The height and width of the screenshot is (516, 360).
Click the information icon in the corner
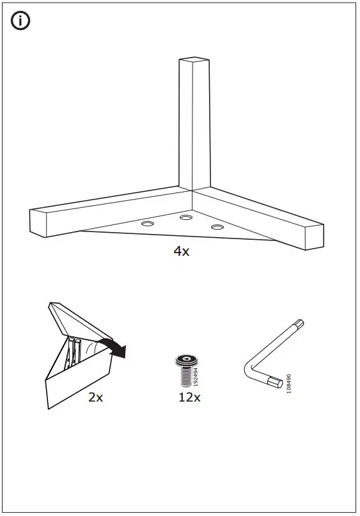tap(21, 21)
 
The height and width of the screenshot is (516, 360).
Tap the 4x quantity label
tap(182, 251)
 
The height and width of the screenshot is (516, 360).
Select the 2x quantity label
tap(95, 397)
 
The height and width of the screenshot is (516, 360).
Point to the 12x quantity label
tap(190, 397)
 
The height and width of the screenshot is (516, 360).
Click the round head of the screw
tap(186, 361)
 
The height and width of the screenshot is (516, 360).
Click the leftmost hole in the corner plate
tap(148, 224)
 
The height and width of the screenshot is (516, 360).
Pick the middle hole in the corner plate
tap(186, 219)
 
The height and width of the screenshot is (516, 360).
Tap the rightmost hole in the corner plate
tap(217, 227)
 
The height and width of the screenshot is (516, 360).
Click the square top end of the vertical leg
tap(194, 61)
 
